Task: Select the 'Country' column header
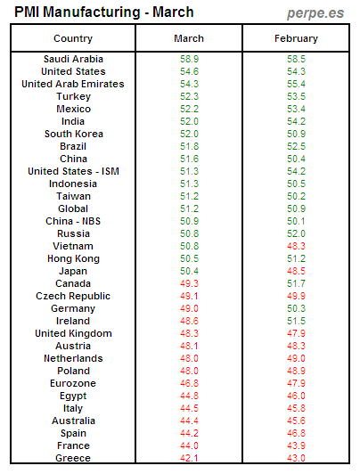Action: coord(73,38)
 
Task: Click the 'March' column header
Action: coord(189,38)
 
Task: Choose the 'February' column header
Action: coord(294,38)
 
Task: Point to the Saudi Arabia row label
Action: coord(73,59)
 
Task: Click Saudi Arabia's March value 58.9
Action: coord(189,59)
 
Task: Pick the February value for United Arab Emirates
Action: coord(294,84)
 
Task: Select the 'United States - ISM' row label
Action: coord(73,171)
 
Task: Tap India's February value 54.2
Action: coord(294,121)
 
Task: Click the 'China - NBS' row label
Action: coord(73,221)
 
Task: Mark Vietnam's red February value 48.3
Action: coord(294,246)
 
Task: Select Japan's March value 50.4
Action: coord(189,271)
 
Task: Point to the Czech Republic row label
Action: coord(73,296)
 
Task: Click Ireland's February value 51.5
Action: coord(294,321)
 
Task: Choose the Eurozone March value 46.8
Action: coord(189,383)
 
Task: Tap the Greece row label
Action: coord(73,458)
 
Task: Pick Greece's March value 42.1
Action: coord(189,458)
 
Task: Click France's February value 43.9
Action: coord(294,445)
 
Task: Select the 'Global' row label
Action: coord(73,208)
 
